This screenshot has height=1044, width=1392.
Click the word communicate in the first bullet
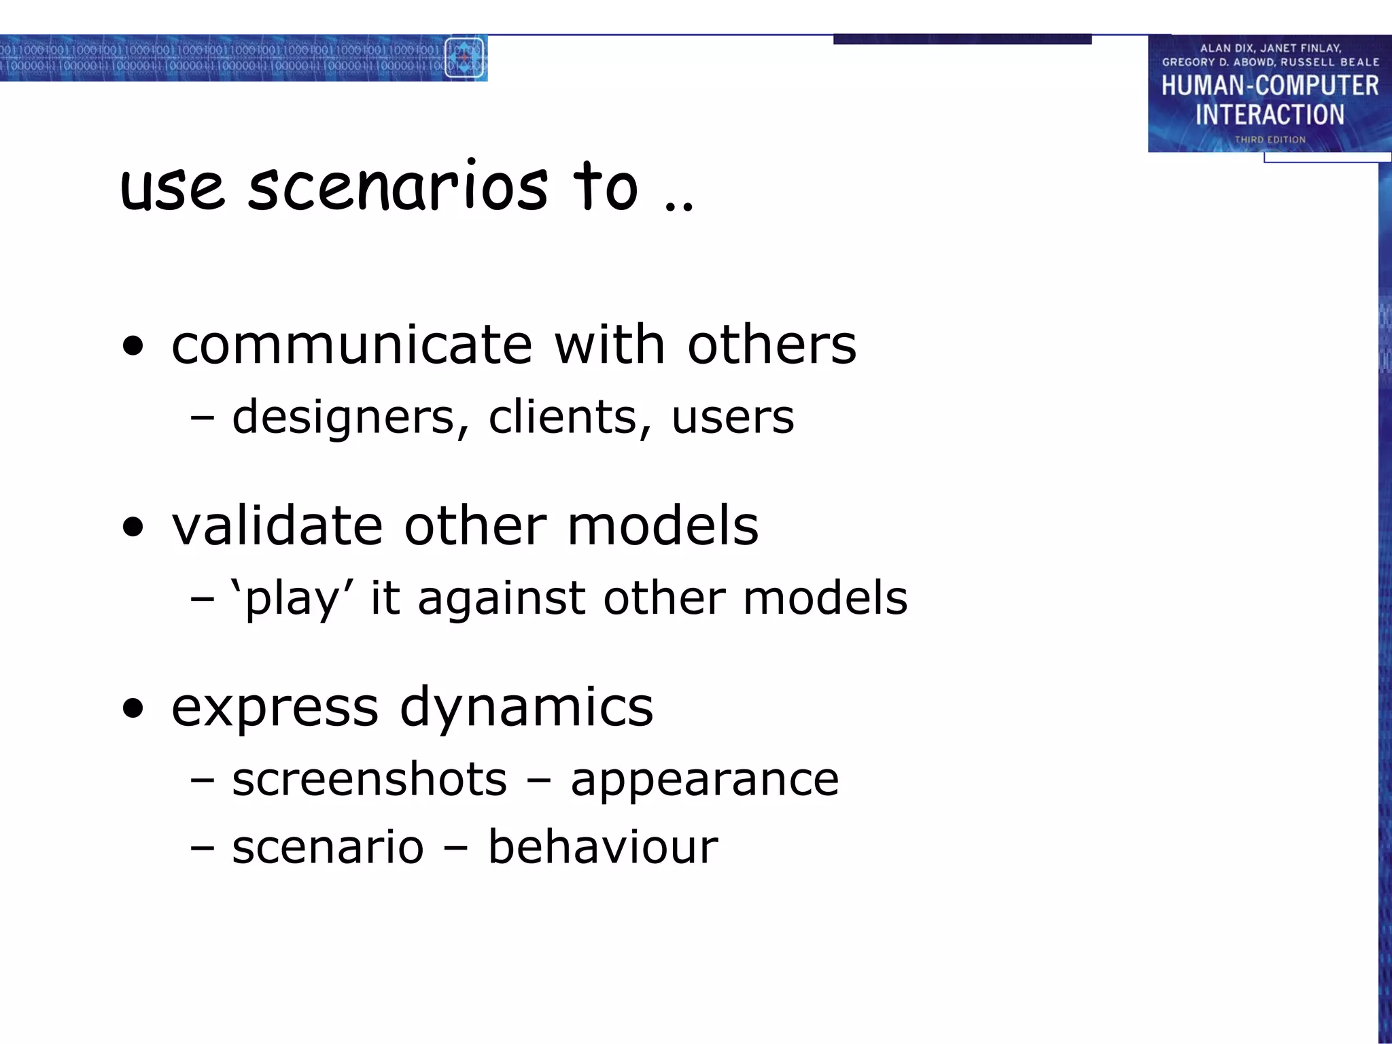[x=351, y=345]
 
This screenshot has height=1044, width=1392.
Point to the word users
[x=733, y=417]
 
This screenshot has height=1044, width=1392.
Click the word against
[x=502, y=598]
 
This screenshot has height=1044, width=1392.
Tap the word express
[x=275, y=708]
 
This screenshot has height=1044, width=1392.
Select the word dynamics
[x=526, y=708]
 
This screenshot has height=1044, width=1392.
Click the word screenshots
[x=369, y=779]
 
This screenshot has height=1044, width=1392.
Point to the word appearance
[x=705, y=780]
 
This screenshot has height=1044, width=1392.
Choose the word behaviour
[x=603, y=847]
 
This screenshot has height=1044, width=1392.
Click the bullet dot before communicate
[x=134, y=346]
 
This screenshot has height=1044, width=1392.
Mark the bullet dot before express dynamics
[x=134, y=708]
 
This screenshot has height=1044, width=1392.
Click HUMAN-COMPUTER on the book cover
[x=1270, y=86]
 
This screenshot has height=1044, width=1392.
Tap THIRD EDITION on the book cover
[x=1270, y=139]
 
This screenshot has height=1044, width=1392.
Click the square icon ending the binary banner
[x=464, y=58]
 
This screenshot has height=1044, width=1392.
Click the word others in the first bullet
[x=771, y=345]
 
